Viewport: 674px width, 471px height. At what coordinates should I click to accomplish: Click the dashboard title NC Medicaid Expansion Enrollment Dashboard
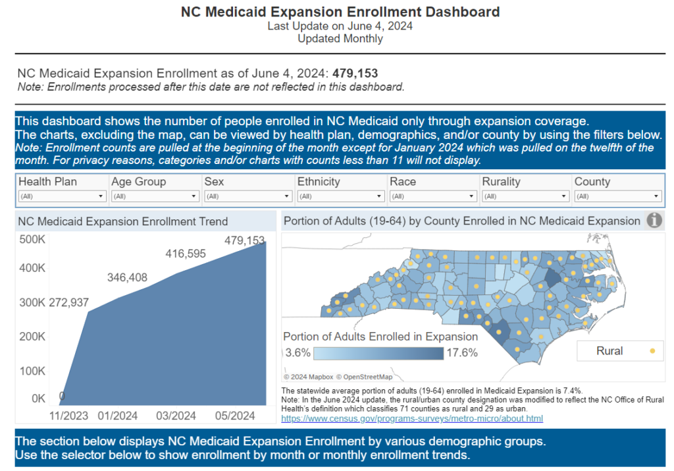coord(340,12)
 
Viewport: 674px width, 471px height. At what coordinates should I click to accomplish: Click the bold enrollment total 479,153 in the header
coord(355,73)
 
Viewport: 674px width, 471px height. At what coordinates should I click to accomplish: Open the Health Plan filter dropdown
coord(62,196)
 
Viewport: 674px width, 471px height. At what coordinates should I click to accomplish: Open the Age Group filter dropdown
coord(155,196)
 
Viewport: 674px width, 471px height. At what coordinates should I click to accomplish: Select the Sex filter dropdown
coord(247,196)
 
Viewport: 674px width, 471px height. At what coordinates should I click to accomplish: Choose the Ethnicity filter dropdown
coord(340,196)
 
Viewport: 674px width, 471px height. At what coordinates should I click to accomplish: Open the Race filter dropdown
coord(432,196)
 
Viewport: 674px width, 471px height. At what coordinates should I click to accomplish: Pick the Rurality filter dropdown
coord(525,196)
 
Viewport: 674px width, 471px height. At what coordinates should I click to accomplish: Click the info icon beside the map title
coord(654,221)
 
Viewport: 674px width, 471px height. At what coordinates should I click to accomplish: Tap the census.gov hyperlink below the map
coord(412,418)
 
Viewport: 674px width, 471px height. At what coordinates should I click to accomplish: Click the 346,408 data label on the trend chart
coord(127,278)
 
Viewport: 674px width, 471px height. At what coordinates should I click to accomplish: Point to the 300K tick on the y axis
coord(32,302)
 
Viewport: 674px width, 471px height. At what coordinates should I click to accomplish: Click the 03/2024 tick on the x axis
coord(176,416)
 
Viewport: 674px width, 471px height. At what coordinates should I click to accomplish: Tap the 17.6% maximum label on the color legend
coord(462,352)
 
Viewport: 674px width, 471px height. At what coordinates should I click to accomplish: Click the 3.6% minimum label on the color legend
coord(298,352)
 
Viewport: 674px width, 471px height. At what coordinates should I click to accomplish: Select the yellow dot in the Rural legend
coord(652,351)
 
